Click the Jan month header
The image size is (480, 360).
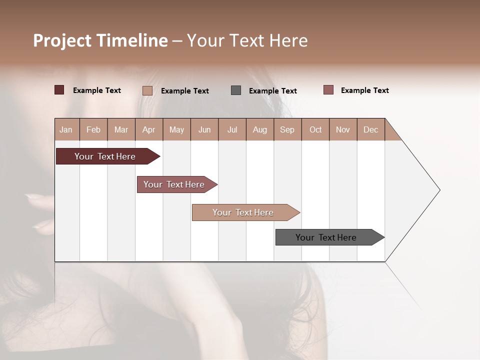[x=66, y=129]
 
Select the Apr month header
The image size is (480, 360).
[x=149, y=129]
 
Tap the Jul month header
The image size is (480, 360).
[x=232, y=129]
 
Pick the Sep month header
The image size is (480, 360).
[x=287, y=129]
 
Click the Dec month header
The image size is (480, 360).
[x=371, y=129]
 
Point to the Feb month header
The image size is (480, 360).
[x=93, y=129]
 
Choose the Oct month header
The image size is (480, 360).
[x=315, y=129]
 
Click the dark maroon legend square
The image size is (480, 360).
[x=59, y=90]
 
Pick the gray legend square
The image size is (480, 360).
[x=236, y=90]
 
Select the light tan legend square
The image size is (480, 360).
[x=147, y=90]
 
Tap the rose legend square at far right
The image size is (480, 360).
[x=328, y=90]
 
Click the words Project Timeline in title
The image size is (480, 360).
[x=100, y=40]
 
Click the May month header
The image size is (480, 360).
[x=176, y=129]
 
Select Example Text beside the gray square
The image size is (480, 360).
[x=273, y=90]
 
